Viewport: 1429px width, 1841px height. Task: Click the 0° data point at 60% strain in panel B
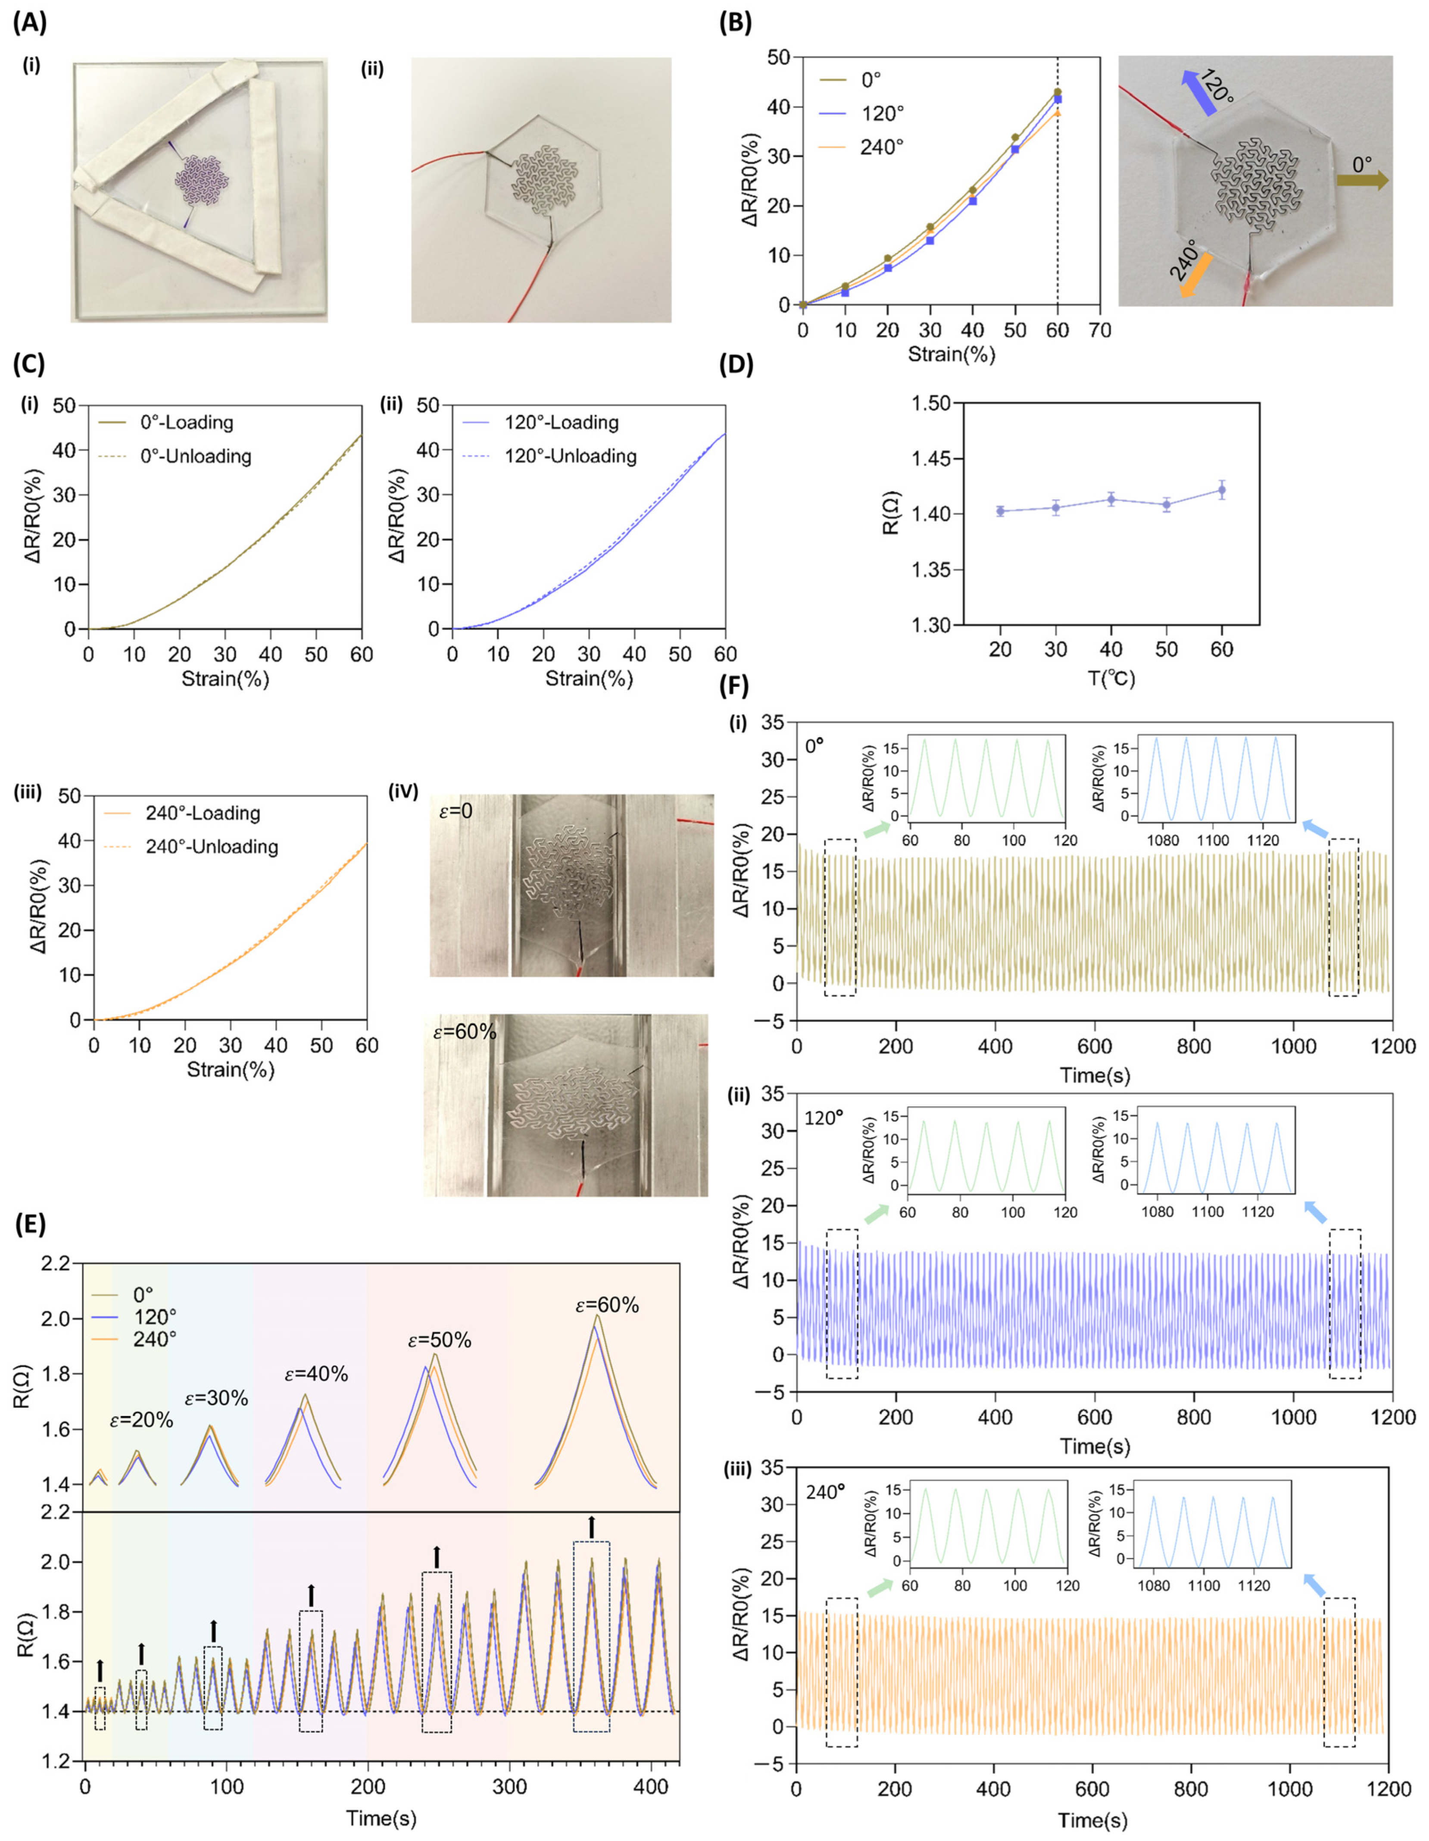coord(1058,92)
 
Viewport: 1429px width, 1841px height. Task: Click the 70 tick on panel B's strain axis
coord(1100,330)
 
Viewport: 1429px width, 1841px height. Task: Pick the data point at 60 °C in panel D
coord(1222,490)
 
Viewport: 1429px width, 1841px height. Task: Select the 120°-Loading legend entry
coord(560,423)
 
